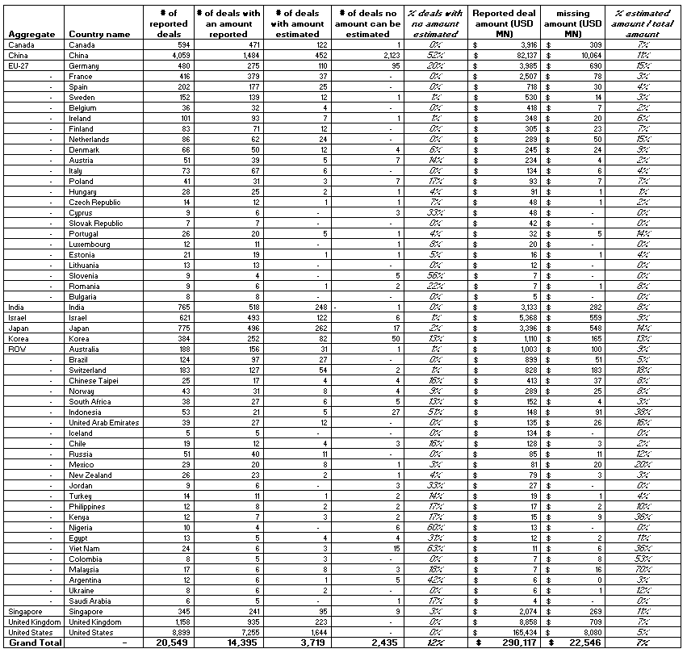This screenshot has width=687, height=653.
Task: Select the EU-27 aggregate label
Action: point(19,66)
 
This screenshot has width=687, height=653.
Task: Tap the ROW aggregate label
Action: point(18,349)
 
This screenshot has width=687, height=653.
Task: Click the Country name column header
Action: point(99,35)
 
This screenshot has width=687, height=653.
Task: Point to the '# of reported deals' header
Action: point(170,24)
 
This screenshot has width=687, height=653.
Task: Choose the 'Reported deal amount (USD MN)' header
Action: point(504,24)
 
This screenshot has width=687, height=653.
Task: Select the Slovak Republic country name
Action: point(96,224)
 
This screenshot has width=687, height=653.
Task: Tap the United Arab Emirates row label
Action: point(104,422)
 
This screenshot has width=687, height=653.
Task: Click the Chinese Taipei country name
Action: point(94,380)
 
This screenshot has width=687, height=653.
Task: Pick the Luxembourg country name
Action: point(90,244)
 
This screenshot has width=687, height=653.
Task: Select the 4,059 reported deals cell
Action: point(178,56)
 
